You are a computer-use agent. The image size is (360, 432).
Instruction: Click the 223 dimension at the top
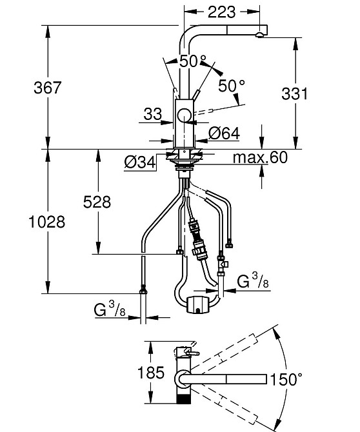(222, 12)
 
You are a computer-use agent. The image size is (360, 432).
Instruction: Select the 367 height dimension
(47, 88)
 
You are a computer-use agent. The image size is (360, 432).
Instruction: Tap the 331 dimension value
(294, 93)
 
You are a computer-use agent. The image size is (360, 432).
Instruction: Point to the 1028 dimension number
(47, 222)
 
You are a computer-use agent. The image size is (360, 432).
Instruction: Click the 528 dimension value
(97, 202)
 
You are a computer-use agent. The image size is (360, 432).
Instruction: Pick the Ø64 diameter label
(224, 133)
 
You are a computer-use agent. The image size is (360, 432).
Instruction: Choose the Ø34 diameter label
(140, 162)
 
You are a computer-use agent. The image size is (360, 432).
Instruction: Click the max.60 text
(260, 157)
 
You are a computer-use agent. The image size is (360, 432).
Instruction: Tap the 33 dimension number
(153, 113)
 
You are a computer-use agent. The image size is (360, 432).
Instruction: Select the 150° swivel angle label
(286, 379)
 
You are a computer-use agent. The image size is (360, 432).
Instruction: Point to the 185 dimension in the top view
(151, 373)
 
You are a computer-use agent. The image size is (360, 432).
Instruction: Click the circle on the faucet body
(184, 115)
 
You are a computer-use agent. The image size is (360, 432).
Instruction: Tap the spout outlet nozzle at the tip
(259, 34)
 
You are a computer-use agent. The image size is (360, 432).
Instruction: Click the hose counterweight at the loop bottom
(198, 304)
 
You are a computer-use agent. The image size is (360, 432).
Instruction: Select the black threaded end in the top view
(183, 399)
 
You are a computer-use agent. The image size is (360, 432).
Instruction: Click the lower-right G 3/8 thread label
(253, 280)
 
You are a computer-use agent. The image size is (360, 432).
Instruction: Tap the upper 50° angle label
(193, 61)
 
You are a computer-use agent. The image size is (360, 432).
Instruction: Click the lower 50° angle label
(232, 86)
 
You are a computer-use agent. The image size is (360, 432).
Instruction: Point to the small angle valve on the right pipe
(222, 264)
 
